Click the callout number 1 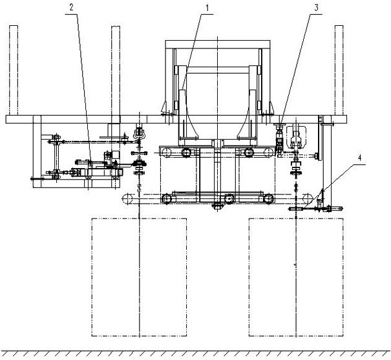click(207, 8)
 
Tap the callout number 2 click(71, 8)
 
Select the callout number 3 click(316, 8)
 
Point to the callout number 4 click(359, 158)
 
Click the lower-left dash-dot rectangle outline click(92, 277)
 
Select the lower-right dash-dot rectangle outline click(249, 277)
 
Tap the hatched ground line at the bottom click(195, 354)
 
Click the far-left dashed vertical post click(14, 70)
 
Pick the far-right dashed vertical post click(339, 70)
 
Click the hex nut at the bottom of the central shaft click(217, 206)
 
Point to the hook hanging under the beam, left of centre click(139, 132)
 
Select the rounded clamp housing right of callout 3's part click(296, 137)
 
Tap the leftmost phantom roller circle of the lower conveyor click(127, 198)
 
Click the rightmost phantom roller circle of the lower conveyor click(308, 198)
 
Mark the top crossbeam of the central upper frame click(218, 45)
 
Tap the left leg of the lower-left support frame click(37, 152)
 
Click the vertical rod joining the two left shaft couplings click(57, 156)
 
